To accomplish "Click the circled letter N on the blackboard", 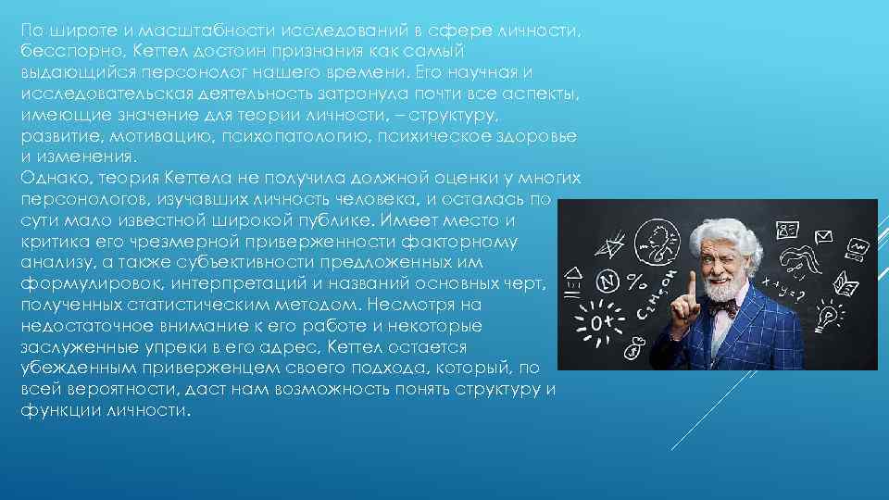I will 608,281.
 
